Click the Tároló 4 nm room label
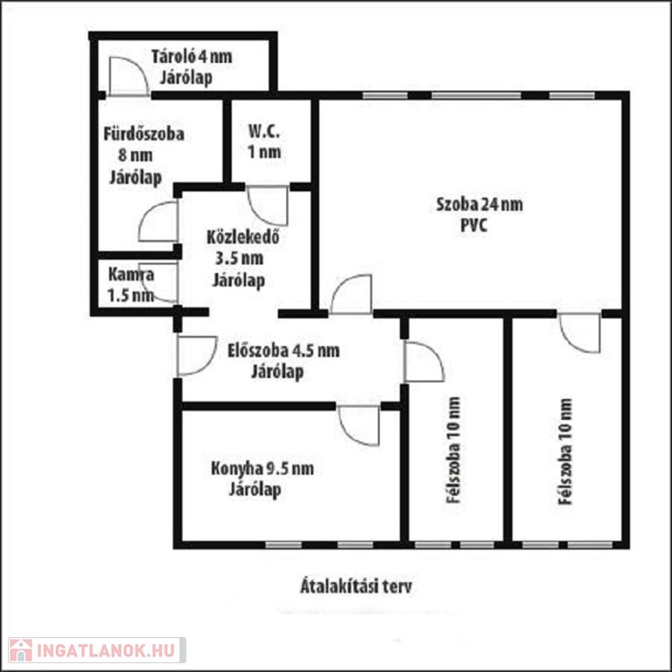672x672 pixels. [192, 57]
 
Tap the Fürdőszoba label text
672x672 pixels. [144, 134]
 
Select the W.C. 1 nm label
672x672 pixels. [264, 142]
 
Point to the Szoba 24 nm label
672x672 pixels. [479, 205]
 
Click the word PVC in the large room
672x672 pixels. [474, 226]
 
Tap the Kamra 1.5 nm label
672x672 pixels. [130, 284]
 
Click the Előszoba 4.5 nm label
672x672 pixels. [283, 351]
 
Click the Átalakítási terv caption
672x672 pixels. [356, 586]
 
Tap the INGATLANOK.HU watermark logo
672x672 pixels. [97, 650]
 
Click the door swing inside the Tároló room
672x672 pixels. [129, 76]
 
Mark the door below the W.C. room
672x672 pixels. [268, 206]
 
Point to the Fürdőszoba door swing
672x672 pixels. [158, 220]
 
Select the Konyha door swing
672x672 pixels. [359, 425]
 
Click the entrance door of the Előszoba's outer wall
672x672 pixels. [197, 356]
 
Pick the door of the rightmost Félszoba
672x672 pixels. [579, 333]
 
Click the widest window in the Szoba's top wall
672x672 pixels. [476, 95]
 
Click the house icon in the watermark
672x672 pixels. [20, 651]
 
